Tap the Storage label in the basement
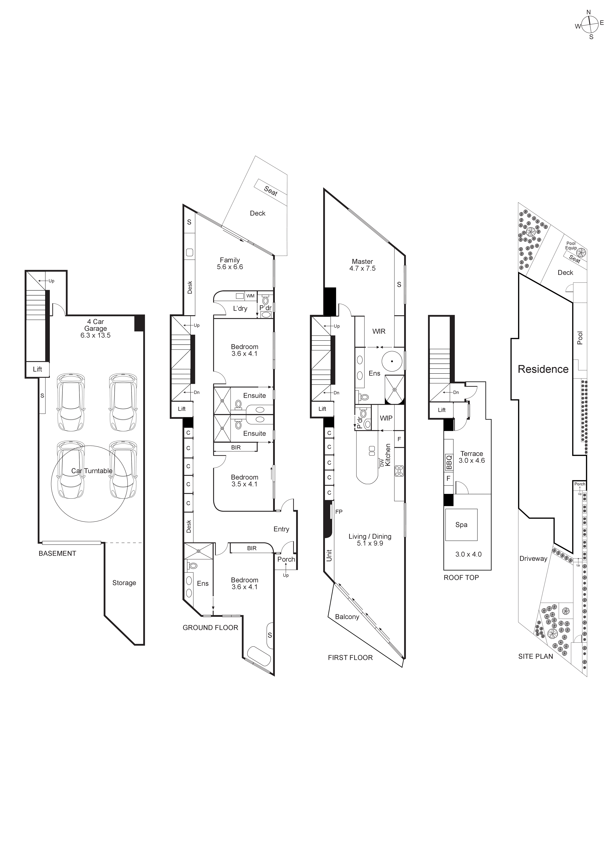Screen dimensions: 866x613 click(124, 583)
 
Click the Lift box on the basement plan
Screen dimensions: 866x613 click(37, 369)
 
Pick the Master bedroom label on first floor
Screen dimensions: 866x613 click(362, 261)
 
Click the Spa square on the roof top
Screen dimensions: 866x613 click(461, 525)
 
